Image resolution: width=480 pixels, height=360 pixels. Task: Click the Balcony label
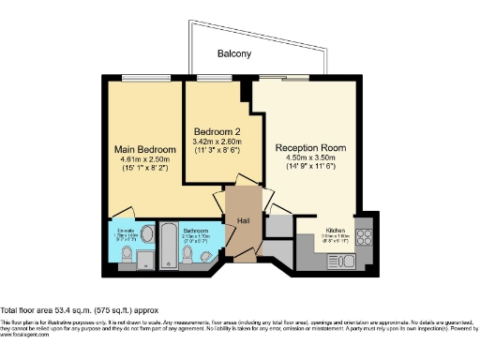tap(234, 54)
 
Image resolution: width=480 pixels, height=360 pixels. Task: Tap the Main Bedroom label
tap(145, 150)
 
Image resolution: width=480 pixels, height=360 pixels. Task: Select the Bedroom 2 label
tap(218, 131)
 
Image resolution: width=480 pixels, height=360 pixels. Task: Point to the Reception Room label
tap(310, 148)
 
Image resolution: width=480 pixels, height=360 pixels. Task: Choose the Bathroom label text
tap(196, 230)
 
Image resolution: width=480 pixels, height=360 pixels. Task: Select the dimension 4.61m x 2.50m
tap(145, 160)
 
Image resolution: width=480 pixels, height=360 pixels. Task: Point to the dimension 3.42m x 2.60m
tap(218, 142)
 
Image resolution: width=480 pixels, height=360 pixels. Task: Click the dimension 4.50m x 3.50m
tap(310, 158)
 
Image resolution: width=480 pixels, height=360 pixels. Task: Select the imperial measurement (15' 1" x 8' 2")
tap(145, 171)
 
